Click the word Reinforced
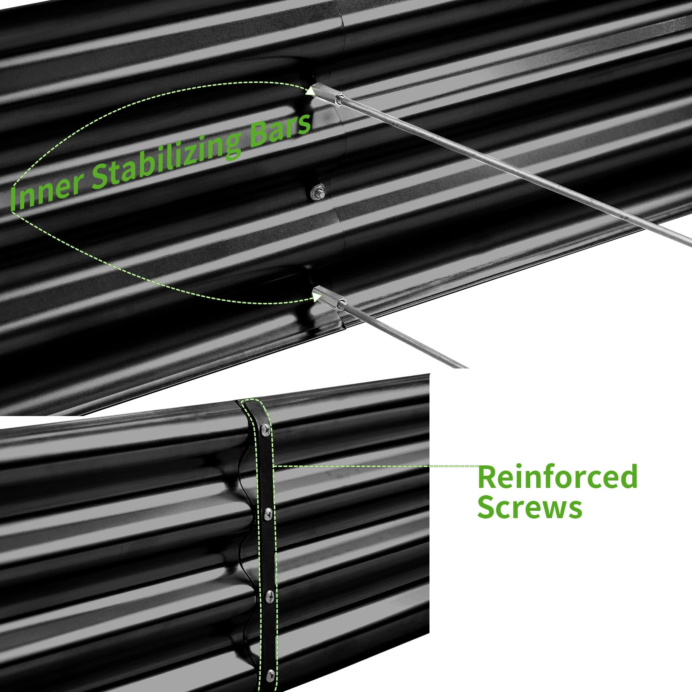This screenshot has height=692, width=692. pos(557,477)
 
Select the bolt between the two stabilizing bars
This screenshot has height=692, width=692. pos(318,192)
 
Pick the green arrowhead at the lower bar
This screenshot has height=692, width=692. pos(317,297)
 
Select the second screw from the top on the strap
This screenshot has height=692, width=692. pos(267,513)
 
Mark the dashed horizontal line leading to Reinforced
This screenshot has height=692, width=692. pos(376,466)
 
